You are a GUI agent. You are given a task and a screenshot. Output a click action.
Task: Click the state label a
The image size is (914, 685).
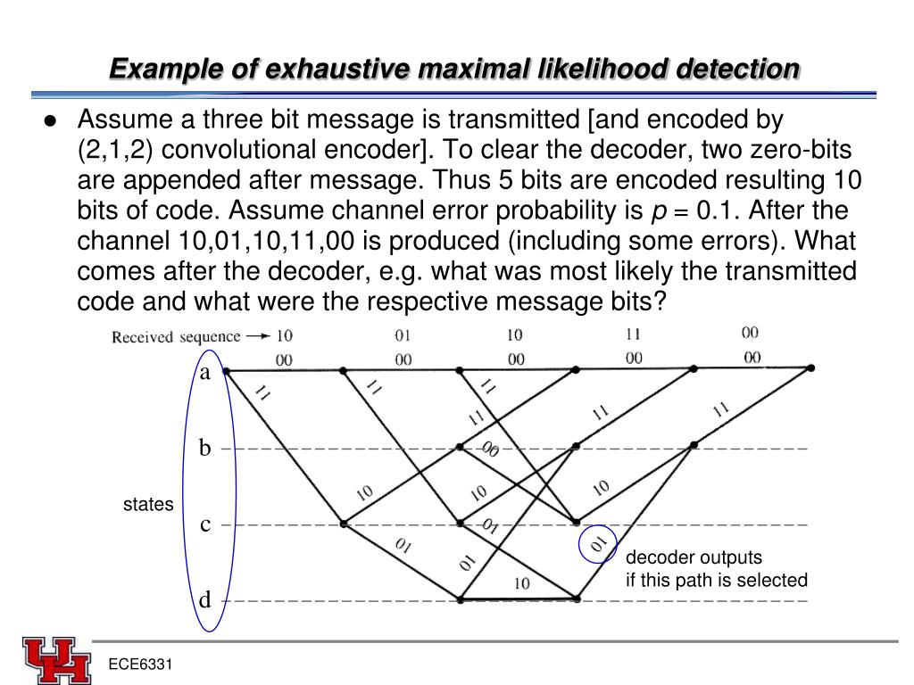click(205, 373)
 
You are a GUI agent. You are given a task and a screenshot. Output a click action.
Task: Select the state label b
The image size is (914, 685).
click(205, 449)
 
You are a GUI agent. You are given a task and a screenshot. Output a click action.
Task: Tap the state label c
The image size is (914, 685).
click(205, 524)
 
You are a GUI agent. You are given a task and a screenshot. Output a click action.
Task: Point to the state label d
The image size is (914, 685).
click(205, 600)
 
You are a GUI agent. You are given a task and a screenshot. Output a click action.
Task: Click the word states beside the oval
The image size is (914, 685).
click(148, 505)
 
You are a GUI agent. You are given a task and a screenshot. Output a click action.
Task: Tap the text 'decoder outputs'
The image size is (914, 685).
click(694, 557)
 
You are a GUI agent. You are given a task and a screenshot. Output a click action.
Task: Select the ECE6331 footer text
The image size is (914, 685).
click(140, 665)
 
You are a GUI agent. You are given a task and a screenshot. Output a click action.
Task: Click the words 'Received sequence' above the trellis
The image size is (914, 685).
click(176, 337)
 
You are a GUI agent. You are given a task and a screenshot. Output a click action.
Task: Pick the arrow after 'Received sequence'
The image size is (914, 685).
click(257, 336)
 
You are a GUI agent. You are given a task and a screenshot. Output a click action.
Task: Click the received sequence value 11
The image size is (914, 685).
click(632, 335)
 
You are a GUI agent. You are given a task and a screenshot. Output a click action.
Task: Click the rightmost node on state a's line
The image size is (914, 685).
click(810, 367)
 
